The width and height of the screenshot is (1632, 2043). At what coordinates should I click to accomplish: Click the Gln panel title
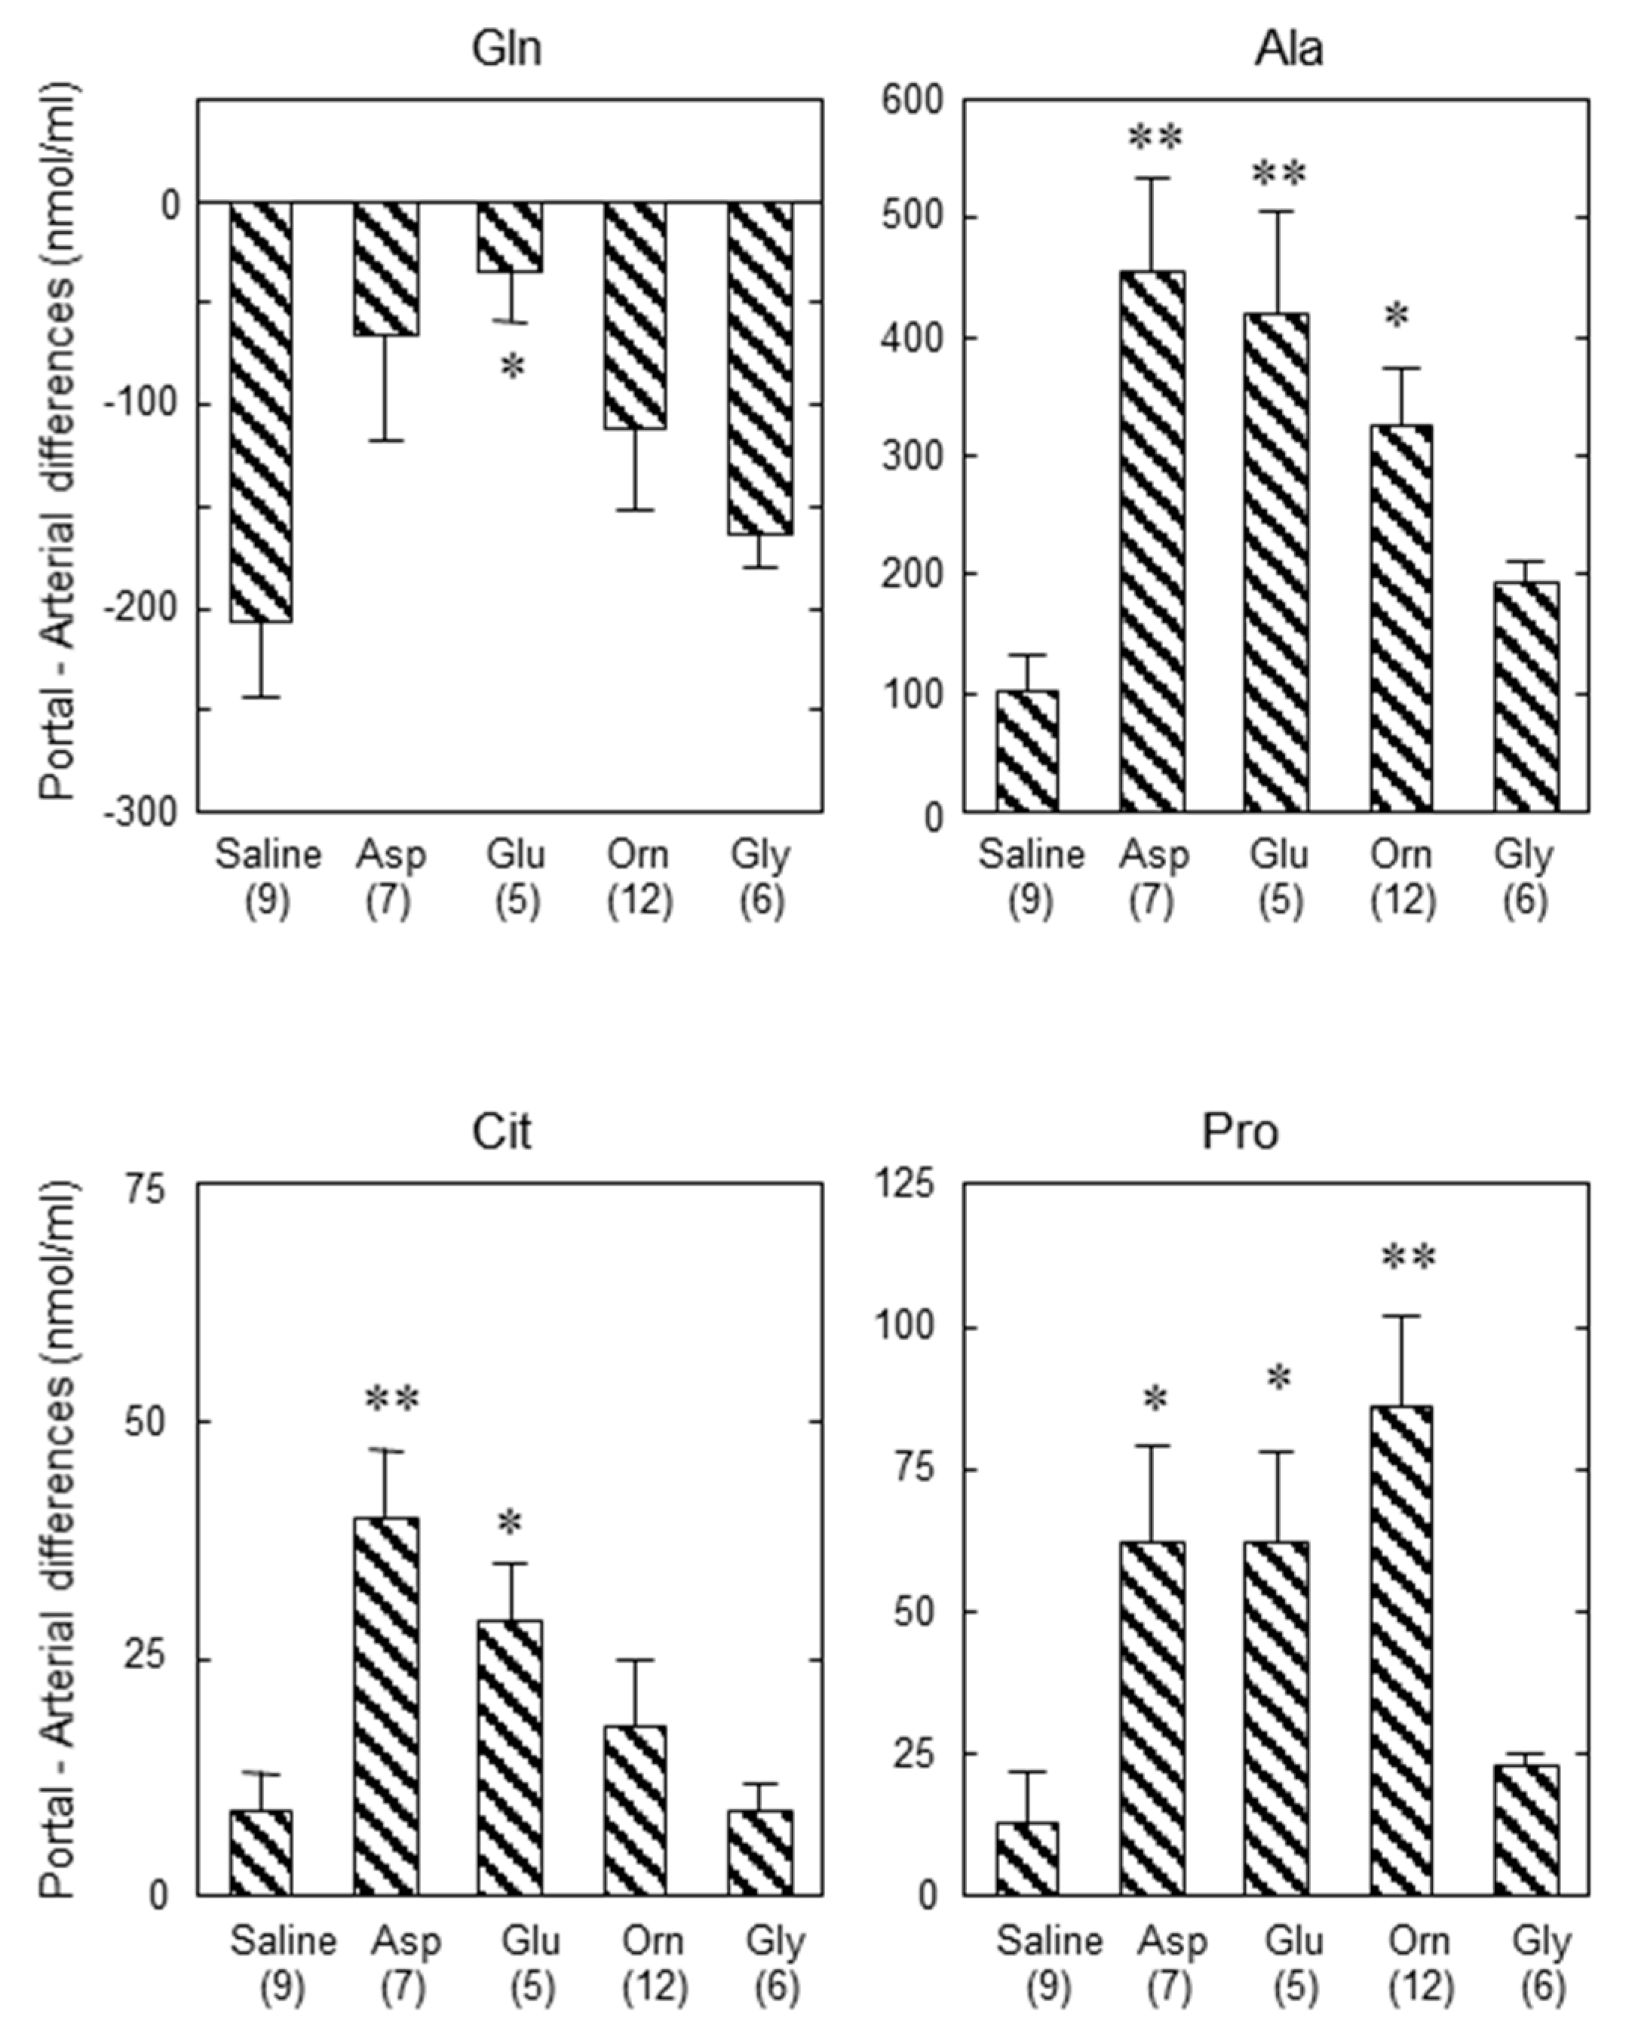tap(508, 48)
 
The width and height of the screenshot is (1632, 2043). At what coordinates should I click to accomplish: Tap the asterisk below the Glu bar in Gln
tap(511, 367)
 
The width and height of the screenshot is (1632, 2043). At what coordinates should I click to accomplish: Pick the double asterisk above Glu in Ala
tap(1279, 174)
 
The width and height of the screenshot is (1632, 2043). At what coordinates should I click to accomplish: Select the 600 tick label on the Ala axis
tap(914, 100)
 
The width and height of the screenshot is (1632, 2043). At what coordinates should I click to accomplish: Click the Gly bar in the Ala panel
tap(1526, 696)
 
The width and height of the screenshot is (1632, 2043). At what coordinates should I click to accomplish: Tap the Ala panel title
tap(1288, 48)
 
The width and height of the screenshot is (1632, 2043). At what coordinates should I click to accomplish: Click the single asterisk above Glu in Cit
tap(510, 1525)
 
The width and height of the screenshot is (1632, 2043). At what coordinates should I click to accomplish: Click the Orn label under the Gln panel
tap(637, 855)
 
